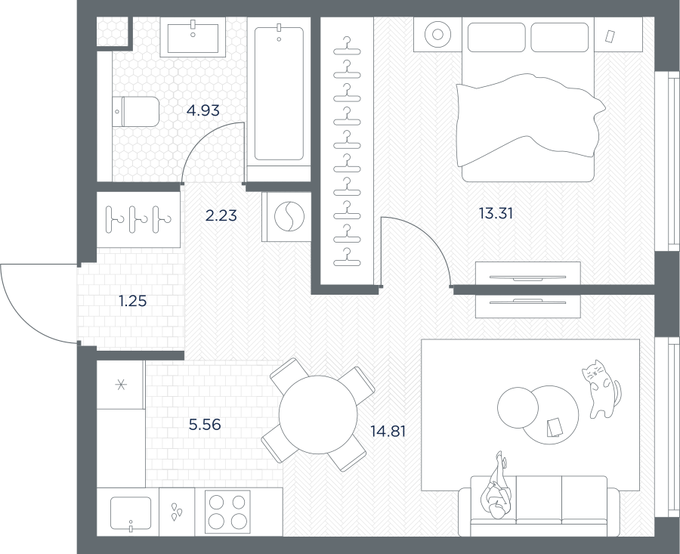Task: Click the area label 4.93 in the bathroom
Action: point(203,110)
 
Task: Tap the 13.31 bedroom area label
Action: point(496,213)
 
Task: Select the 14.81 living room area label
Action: point(388,432)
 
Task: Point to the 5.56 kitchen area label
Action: point(205,424)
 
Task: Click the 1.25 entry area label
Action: point(133,301)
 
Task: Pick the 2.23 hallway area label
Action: point(221,215)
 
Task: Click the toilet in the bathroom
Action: point(136,112)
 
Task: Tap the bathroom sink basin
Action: point(193,37)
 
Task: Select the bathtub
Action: point(279,94)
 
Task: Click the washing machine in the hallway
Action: point(286,216)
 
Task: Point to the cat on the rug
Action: point(601,388)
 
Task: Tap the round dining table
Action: point(318,415)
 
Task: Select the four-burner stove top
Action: point(227,512)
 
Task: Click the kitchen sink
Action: point(131,513)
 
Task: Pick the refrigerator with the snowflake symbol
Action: point(121,385)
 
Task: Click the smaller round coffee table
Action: point(518,408)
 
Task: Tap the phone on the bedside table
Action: point(610,36)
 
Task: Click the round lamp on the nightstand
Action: point(437,34)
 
